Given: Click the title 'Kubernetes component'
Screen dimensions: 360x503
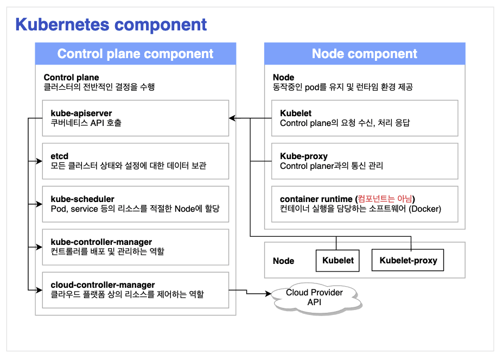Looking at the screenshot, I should (111, 24).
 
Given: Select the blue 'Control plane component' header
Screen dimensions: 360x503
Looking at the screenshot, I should (136, 54).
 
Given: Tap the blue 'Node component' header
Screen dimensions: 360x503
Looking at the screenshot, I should (365, 54).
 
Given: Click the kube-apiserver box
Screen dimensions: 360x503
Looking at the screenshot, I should (136, 118).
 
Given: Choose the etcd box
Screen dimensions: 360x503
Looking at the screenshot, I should (136, 161).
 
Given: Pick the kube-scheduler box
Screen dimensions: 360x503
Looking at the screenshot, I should (136, 204).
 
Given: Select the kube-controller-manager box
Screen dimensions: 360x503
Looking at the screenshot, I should (136, 247).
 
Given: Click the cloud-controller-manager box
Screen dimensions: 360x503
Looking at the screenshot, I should (136, 289).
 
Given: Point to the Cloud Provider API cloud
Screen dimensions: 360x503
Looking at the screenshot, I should (314, 296).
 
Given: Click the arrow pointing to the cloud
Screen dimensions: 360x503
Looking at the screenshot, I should (268, 294).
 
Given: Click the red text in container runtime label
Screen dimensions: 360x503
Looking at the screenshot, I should (388, 199).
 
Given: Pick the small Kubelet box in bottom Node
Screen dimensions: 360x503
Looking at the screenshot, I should (338, 261).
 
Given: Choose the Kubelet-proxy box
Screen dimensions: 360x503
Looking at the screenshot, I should (408, 261).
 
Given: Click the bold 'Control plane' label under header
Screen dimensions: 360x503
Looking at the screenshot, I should (71, 78).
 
